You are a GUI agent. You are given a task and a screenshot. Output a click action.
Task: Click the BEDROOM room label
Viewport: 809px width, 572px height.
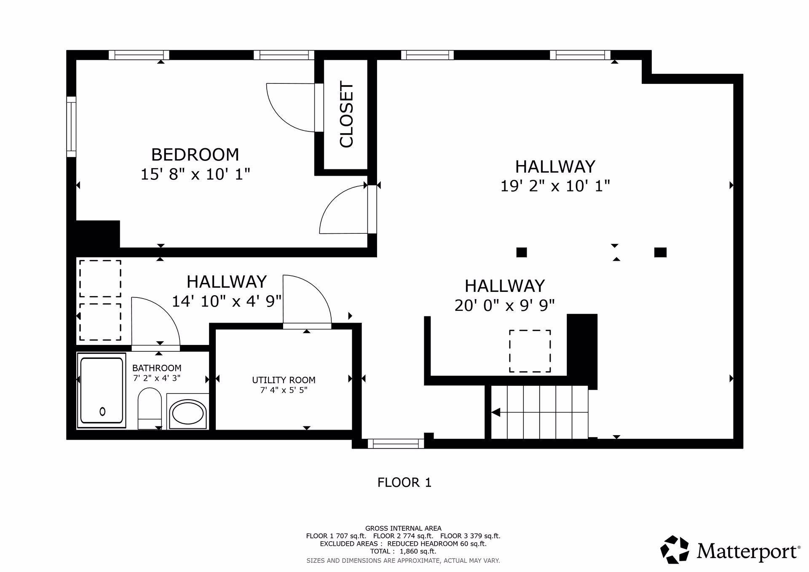click(x=195, y=155)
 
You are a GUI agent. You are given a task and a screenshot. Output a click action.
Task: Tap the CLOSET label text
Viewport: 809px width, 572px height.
click(x=346, y=115)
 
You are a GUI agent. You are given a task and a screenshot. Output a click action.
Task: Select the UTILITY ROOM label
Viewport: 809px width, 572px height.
click(x=284, y=380)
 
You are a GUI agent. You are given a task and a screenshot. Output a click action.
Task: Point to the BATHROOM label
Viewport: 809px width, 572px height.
click(x=157, y=368)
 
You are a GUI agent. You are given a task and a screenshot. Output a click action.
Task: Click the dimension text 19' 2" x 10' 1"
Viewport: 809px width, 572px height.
click(x=555, y=186)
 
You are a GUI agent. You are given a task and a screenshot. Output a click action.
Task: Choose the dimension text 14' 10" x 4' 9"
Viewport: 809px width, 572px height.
click(x=227, y=301)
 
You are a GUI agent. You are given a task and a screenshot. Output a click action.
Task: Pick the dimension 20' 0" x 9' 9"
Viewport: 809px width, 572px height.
click(x=504, y=305)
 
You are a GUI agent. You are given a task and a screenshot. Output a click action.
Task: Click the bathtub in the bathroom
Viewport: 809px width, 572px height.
click(x=102, y=390)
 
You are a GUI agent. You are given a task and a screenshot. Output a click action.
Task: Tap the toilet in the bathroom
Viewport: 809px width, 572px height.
click(x=150, y=409)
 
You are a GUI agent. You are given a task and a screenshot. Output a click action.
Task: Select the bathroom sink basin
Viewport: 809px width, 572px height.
click(x=188, y=412)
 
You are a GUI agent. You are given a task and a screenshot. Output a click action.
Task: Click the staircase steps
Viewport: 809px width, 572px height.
click(x=540, y=412)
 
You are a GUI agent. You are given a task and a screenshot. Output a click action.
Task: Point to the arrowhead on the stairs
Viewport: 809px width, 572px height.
click(x=496, y=412)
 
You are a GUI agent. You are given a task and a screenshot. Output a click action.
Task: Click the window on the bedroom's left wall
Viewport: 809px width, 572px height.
click(x=71, y=127)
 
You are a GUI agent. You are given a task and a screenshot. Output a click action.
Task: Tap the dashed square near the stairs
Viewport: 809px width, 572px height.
click(x=530, y=351)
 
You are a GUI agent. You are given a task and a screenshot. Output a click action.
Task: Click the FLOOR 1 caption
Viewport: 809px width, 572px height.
click(x=404, y=482)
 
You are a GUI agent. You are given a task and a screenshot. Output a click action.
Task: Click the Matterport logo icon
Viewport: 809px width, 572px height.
click(x=675, y=550)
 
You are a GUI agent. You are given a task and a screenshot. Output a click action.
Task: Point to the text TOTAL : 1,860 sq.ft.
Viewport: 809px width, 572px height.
click(x=403, y=551)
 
